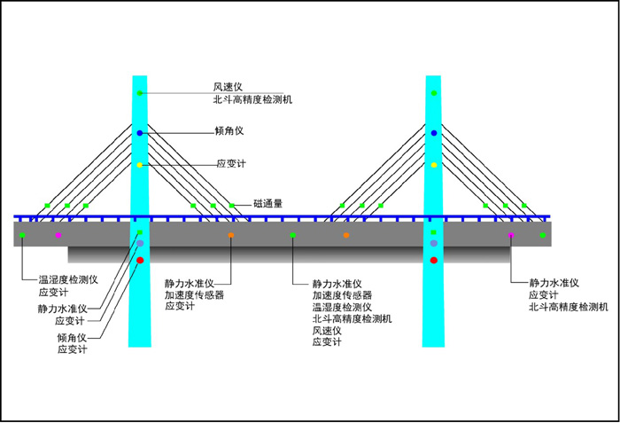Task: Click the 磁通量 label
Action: (267, 203)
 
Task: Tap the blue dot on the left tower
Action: (140, 132)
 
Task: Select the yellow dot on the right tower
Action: (434, 165)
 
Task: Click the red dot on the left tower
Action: (140, 260)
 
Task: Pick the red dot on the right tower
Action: (434, 260)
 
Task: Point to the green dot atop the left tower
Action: (140, 93)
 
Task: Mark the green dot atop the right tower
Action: (434, 93)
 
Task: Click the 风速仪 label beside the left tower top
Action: (222, 87)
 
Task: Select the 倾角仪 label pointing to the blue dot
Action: (229, 131)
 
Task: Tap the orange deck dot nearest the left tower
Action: (231, 235)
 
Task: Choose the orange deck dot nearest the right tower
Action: (346, 235)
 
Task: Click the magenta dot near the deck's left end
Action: (58, 235)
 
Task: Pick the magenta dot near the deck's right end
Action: (511, 235)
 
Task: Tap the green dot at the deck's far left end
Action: (22, 235)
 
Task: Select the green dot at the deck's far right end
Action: (543, 235)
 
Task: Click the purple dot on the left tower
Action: (140, 243)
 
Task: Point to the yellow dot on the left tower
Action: (140, 165)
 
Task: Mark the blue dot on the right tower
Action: (434, 132)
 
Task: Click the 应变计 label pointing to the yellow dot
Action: (229, 164)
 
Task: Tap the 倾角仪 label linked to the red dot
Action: (72, 338)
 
